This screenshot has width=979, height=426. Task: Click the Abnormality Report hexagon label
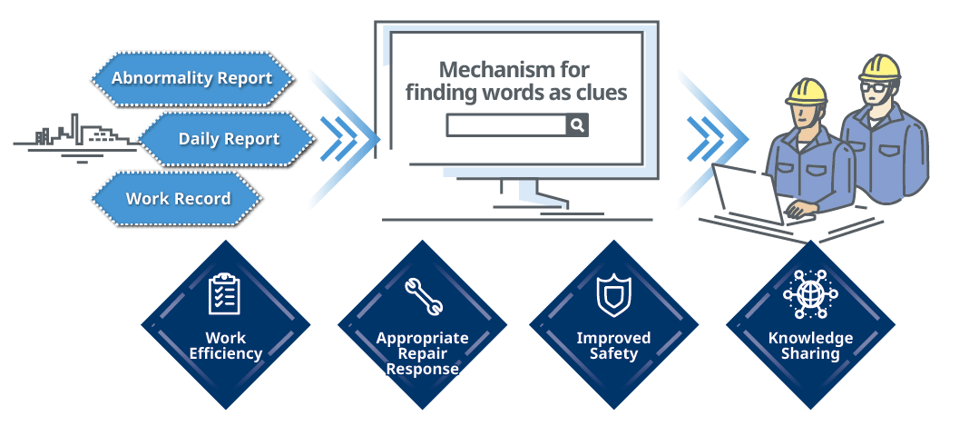click(193, 79)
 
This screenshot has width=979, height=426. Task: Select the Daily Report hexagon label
click(227, 139)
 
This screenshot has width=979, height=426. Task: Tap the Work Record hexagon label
click(178, 199)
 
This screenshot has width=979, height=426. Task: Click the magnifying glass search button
click(578, 125)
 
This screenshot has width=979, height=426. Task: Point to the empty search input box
click(506, 125)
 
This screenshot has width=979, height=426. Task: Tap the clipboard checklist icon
click(223, 293)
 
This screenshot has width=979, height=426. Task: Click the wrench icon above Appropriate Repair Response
click(424, 295)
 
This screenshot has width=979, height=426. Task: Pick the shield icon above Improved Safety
click(613, 295)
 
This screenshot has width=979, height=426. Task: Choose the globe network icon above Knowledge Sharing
click(810, 295)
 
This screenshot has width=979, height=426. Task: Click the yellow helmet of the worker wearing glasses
click(879, 67)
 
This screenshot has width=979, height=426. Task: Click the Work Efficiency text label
click(225, 346)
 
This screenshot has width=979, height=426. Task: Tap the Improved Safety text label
click(613, 346)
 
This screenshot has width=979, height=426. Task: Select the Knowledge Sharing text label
click(810, 346)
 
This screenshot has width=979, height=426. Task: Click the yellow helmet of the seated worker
click(806, 91)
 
